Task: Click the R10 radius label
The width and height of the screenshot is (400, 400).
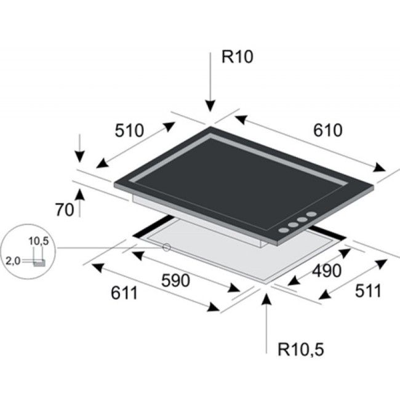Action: point(238,57)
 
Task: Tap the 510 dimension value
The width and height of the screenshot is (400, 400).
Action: point(129,130)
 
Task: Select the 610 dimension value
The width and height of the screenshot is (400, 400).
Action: point(328,130)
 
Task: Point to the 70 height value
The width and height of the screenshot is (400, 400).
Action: point(65,210)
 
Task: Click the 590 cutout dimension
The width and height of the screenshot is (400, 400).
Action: point(176,281)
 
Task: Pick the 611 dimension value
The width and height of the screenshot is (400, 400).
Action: point(124,293)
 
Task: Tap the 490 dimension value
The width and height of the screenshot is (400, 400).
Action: point(327,271)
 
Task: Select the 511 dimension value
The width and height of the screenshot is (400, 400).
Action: point(368,291)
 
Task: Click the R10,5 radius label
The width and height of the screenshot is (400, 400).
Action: point(301,350)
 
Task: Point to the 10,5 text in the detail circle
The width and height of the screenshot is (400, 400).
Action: point(38,241)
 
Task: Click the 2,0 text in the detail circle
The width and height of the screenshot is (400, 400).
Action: point(13,261)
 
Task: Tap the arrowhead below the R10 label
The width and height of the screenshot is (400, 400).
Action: point(210,106)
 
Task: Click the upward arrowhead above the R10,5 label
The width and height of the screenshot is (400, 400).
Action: point(266,299)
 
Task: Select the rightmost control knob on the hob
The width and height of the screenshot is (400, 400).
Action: point(311,214)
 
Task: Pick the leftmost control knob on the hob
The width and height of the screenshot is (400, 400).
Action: point(284,230)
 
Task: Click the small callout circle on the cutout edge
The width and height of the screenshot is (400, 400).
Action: point(167,247)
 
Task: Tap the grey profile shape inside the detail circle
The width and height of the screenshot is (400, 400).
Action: point(39,263)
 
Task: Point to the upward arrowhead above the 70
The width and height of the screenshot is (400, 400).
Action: point(81,194)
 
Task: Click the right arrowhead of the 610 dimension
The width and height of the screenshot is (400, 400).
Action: point(379,167)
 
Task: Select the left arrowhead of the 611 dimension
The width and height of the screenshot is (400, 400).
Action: point(97,268)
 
